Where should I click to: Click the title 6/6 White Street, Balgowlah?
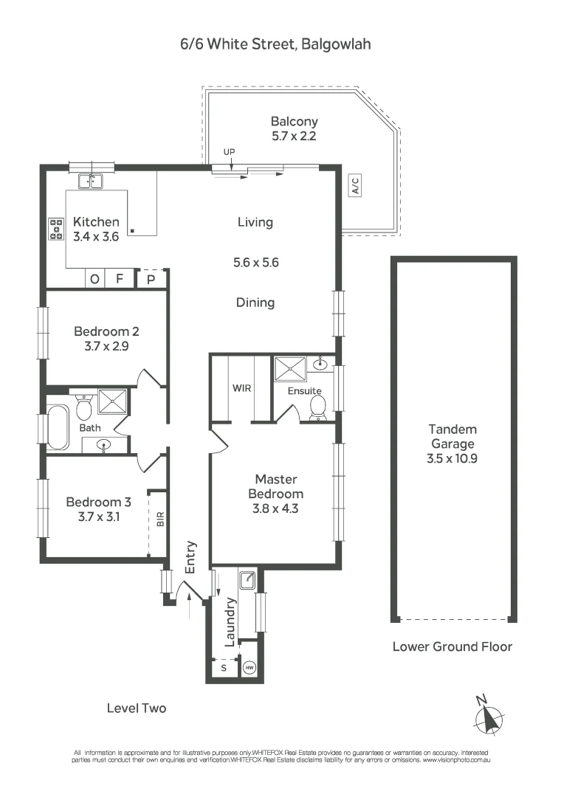275,44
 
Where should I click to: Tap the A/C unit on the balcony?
355,185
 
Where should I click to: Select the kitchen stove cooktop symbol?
56,229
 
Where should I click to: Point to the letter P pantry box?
151,279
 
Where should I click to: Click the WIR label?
242,387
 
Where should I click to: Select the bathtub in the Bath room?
58,426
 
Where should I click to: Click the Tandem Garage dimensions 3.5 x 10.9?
452,458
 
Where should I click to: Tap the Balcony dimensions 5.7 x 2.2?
294,136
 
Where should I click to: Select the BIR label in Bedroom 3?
161,519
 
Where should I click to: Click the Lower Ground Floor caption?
452,646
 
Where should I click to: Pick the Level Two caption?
137,708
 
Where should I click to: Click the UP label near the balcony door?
229,152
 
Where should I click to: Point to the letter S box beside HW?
224,667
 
